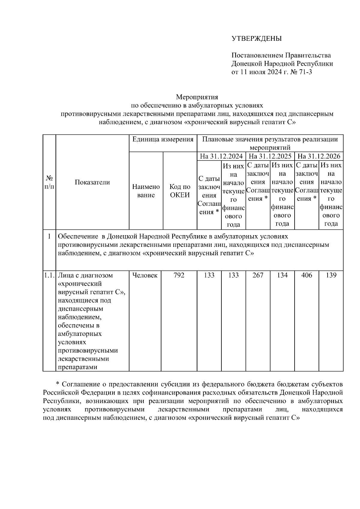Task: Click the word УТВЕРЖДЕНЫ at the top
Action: [x=256, y=39]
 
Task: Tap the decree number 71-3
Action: [x=305, y=72]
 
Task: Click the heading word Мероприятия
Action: [x=197, y=97]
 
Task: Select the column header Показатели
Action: [x=92, y=182]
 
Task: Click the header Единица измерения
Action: [x=163, y=139]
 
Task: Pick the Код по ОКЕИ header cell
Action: [x=180, y=191]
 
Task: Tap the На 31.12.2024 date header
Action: [x=221, y=156]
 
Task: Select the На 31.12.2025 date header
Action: [x=270, y=156]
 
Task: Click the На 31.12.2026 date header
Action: [x=319, y=156]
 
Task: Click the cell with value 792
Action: [x=179, y=275]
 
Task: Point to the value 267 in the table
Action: [x=258, y=275]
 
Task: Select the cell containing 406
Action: [x=307, y=275]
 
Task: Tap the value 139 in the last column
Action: [x=331, y=275]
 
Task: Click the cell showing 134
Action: [x=282, y=275]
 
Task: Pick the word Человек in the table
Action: [x=145, y=275]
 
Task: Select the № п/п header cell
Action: [x=49, y=182]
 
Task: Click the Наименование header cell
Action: [x=146, y=191]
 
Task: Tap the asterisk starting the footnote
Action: [x=58, y=384]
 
